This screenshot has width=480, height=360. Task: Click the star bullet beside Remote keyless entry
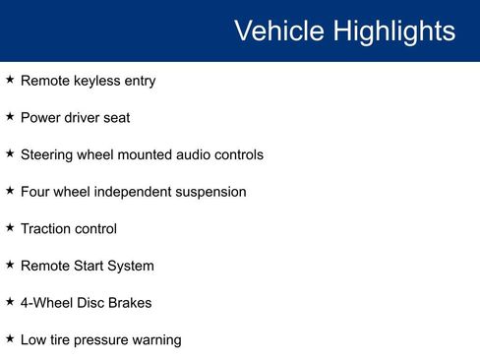(10, 80)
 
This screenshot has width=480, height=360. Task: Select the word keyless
(94, 81)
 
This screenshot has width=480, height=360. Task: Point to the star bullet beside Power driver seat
(10, 116)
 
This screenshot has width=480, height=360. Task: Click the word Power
(40, 117)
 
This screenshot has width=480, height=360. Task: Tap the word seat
(115, 117)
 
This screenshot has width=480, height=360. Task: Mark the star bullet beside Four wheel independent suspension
(10, 190)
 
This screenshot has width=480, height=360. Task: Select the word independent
(135, 192)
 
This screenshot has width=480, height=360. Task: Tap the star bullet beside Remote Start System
(10, 264)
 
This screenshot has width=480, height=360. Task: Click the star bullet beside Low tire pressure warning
(10, 337)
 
